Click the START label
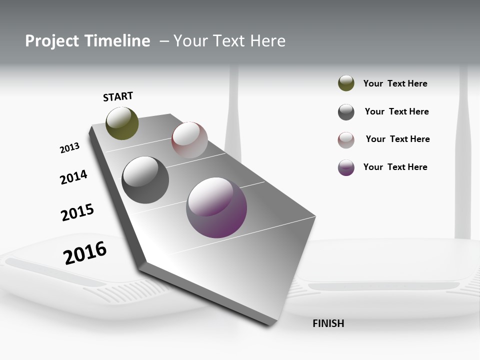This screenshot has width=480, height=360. tap(118, 96)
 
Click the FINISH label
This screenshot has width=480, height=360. tap(328, 323)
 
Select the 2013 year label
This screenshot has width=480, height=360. tap(69, 148)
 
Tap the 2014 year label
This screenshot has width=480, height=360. tap(73, 177)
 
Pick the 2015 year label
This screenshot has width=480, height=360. tap(77, 212)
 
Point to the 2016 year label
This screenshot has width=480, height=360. tap(85, 253)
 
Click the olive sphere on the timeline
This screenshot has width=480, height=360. tap(122, 123)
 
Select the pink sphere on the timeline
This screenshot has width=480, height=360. tap(189, 140)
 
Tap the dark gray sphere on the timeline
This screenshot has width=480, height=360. tap(145, 180)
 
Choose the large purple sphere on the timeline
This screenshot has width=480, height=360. tap(216, 207)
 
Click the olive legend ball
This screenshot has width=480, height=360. tap(346, 83)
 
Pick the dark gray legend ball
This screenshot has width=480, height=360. tap(346, 112)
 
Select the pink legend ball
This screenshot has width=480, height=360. tap(346, 140)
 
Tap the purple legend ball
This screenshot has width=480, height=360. tap(346, 167)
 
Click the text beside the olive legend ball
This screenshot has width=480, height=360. tap(395, 83)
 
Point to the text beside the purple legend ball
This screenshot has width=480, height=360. tap(395, 167)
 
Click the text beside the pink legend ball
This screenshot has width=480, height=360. tap(397, 139)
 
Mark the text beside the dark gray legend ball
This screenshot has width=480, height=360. tap(396, 111)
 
